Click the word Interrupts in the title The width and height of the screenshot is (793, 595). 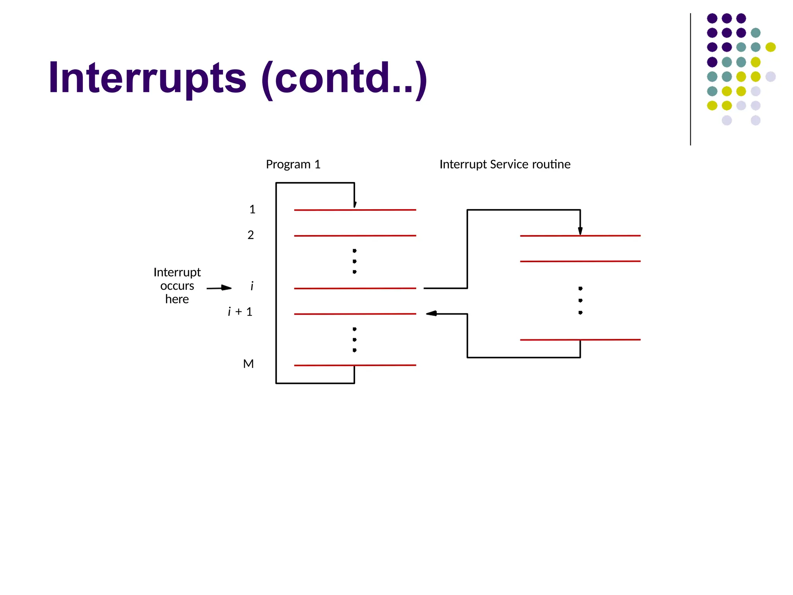click(147, 79)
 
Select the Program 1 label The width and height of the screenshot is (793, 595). click(293, 164)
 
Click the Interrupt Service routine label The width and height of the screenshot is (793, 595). click(505, 164)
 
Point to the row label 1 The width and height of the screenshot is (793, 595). click(252, 210)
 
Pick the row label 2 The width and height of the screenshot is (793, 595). click(251, 235)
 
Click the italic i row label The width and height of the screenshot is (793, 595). click(252, 286)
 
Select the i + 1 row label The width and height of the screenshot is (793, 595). click(240, 312)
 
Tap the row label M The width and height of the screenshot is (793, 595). click(248, 364)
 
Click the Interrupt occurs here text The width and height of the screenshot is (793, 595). click(177, 286)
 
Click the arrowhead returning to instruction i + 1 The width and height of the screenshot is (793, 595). click(431, 313)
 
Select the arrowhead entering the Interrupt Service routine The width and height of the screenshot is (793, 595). click(580, 231)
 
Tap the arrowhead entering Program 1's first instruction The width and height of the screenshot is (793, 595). click(355, 205)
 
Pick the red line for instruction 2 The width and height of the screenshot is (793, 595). click(355, 236)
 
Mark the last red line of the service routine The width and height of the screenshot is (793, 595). click(580, 340)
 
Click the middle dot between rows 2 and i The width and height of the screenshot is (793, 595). click(355, 261)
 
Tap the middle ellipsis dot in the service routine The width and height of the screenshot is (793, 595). click(580, 301)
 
